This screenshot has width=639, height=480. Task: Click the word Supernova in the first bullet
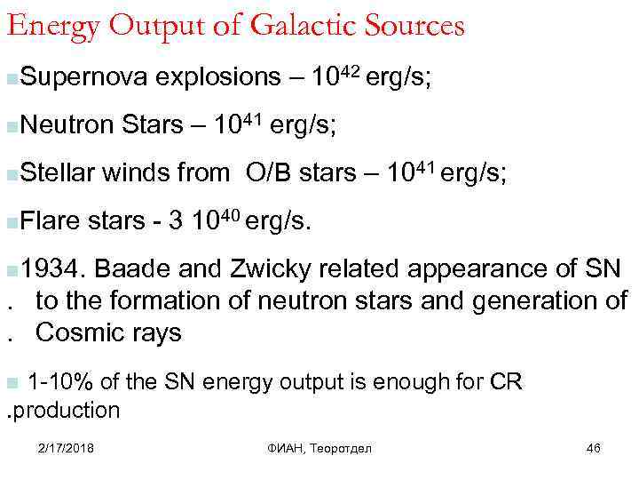tap(80, 78)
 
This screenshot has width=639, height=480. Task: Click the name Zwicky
tap(266, 268)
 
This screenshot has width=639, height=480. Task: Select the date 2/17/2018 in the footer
tap(67, 448)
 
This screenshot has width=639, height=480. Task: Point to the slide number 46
tap(594, 448)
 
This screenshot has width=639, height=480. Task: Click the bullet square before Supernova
tap(9, 80)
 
